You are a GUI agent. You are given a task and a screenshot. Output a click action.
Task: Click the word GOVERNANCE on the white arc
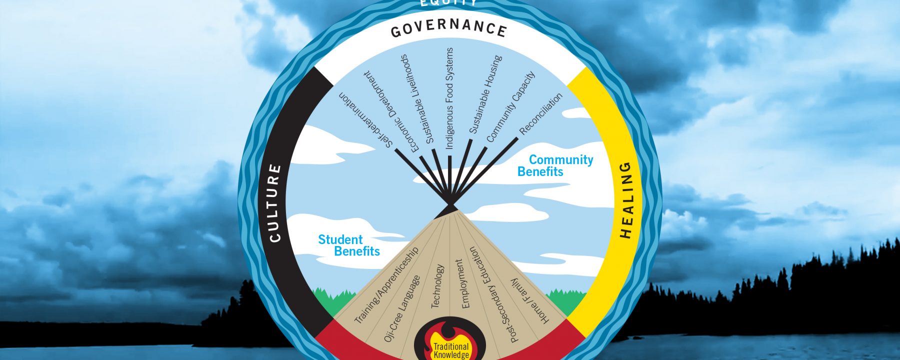coord(448,29)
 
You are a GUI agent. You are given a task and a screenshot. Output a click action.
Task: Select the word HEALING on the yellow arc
coord(626,200)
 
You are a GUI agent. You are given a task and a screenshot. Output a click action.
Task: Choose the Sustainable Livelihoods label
coord(416,99)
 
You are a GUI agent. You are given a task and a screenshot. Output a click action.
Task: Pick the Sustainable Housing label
coord(485,94)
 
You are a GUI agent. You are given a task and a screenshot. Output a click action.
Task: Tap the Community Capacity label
coord(510,106)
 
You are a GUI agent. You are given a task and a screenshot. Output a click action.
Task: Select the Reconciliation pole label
coord(541,114)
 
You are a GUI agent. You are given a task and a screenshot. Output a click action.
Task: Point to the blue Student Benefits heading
coord(348,245)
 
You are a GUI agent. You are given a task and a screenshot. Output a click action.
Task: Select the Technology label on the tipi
coord(437,286)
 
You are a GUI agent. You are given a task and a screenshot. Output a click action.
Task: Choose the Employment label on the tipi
coord(462,283)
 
